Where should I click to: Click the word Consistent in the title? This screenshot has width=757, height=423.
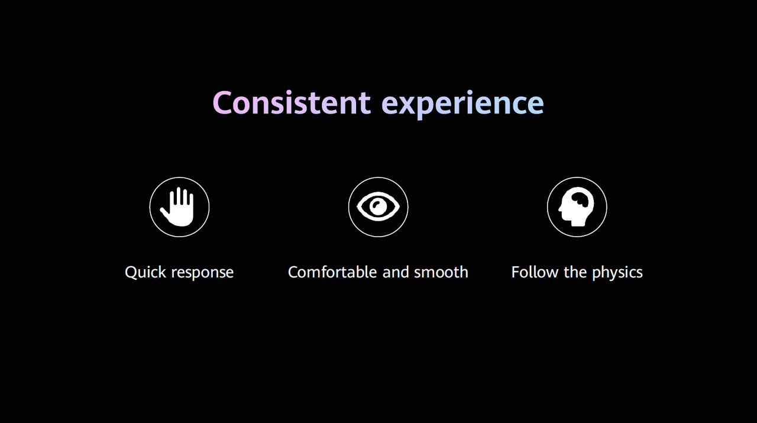292,103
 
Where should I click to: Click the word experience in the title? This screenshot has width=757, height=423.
462,105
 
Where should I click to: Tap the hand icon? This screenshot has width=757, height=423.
178,206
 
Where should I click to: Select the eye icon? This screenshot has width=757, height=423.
378,206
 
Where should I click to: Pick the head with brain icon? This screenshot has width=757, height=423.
576,206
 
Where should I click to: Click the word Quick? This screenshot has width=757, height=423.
145,272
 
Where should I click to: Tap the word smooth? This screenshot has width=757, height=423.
441,272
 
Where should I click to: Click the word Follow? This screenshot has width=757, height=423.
535,272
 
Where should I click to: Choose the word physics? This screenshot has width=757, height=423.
617,273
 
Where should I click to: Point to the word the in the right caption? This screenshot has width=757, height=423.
575,272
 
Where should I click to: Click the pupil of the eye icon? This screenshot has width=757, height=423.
378,206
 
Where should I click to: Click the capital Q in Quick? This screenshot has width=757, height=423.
131,273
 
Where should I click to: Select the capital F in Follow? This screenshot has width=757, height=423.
516,272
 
